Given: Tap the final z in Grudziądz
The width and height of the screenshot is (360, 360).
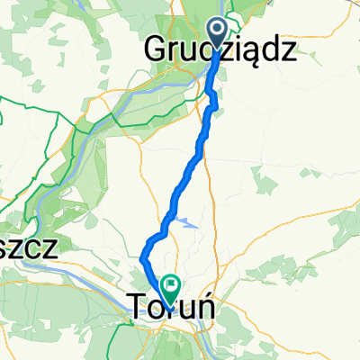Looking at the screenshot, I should tap(286, 53).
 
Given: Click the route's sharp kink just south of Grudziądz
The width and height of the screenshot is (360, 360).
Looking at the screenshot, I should tap(217, 108).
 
